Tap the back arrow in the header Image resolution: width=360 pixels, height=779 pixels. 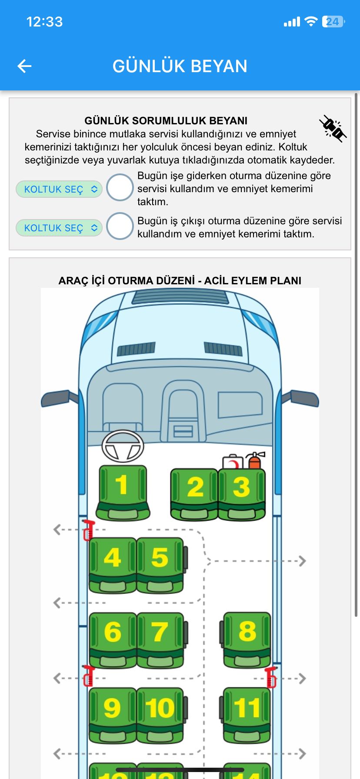(x=24, y=66)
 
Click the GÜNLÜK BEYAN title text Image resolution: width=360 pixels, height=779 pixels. (x=180, y=66)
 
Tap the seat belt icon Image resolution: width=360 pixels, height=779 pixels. (x=333, y=128)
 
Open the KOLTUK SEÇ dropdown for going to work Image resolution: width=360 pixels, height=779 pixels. (x=59, y=189)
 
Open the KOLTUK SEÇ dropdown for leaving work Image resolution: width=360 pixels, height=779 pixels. (x=59, y=228)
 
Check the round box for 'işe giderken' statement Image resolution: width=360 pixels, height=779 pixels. (x=120, y=187)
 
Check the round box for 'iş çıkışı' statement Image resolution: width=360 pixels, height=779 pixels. (x=120, y=226)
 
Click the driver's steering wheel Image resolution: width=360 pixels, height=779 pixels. (x=123, y=446)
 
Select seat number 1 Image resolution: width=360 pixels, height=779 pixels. (x=123, y=491)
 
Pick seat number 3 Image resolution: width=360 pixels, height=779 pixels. (x=241, y=493)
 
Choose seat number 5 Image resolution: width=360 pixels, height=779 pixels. (x=160, y=564)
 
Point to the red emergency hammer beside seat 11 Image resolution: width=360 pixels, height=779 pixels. (x=271, y=677)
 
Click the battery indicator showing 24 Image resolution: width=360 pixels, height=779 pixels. (x=333, y=22)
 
